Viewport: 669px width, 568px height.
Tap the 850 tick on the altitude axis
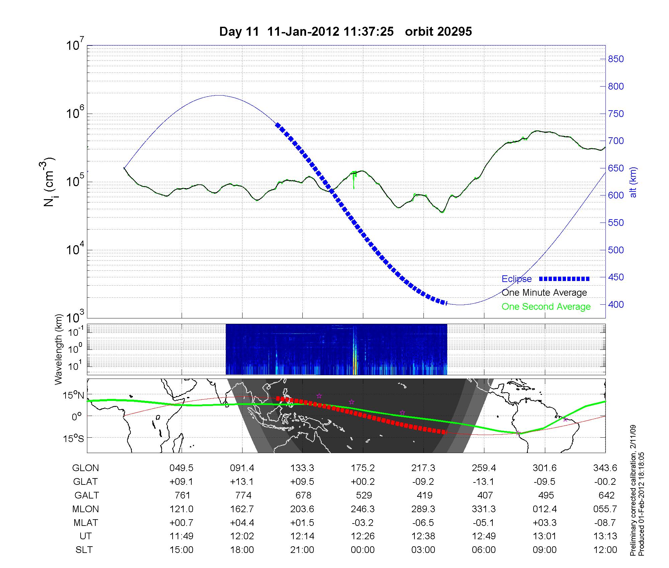[x=615, y=59]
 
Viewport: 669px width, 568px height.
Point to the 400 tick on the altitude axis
[x=615, y=305]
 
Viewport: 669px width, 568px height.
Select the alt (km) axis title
[x=634, y=182]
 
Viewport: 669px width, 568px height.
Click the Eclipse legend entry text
[x=516, y=279]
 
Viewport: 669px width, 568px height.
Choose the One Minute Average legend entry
[x=544, y=293]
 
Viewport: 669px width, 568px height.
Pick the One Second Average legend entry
[x=546, y=307]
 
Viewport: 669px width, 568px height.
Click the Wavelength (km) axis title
[x=59, y=349]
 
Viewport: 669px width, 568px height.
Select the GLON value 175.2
[x=363, y=468]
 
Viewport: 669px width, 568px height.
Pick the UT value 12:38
[x=423, y=536]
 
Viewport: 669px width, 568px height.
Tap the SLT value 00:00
[x=363, y=550]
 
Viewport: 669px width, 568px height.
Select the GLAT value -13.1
[x=484, y=482]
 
